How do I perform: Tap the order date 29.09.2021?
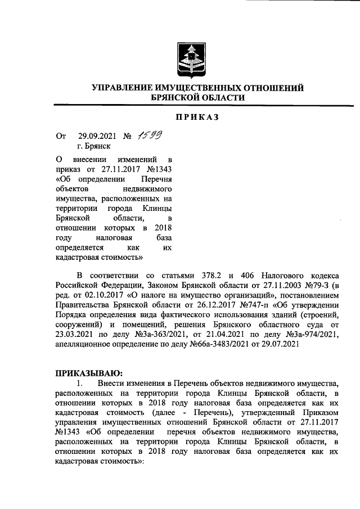(x=96, y=136)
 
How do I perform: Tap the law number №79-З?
(x=318, y=286)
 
